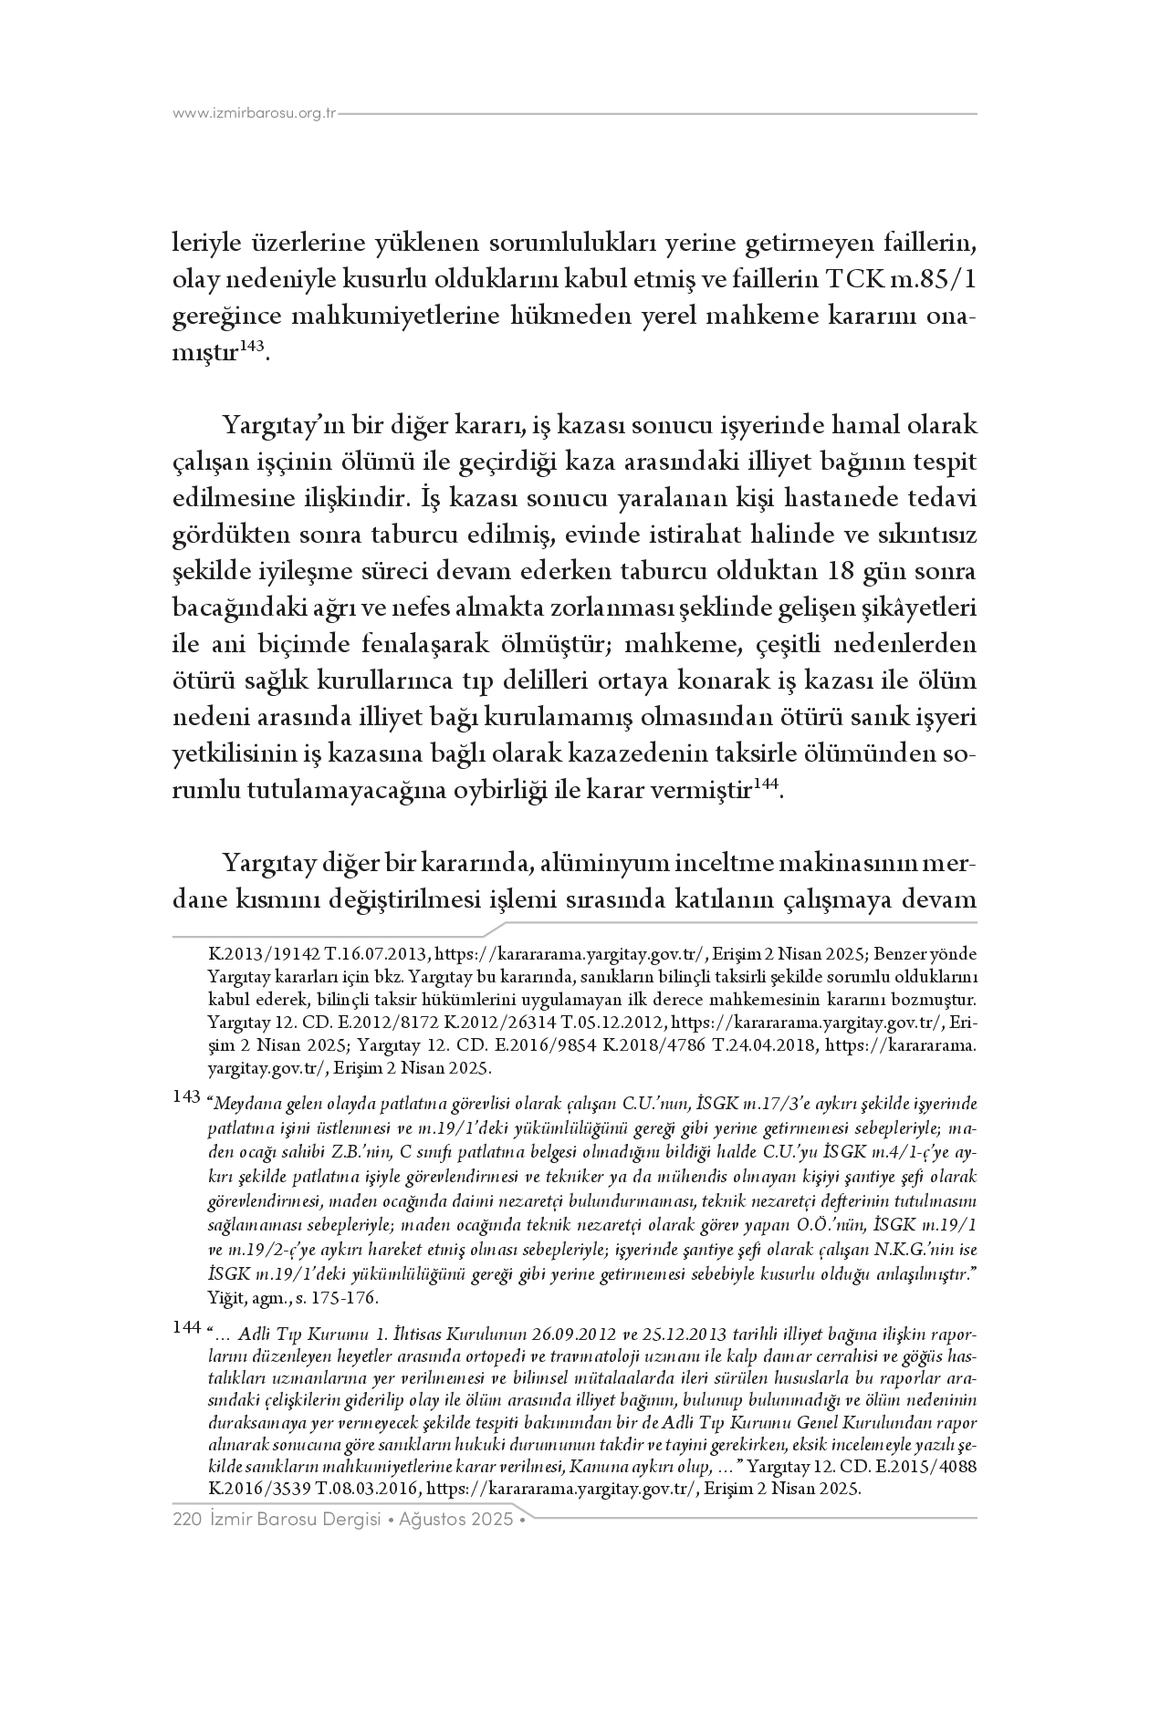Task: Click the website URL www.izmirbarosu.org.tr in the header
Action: point(255,114)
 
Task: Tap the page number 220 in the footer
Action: point(186,1521)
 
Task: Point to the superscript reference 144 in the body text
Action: point(767,783)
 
